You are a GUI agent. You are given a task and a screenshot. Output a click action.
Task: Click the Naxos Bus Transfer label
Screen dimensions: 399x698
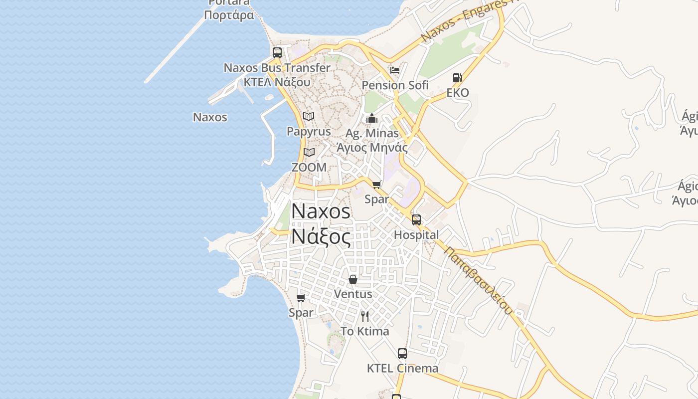coord(277,68)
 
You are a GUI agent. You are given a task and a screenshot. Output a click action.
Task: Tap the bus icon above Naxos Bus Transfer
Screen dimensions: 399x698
coord(277,52)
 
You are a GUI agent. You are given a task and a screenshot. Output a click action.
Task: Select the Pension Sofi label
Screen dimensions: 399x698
coord(395,85)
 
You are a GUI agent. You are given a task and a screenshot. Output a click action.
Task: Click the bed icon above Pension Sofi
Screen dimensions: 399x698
coord(395,70)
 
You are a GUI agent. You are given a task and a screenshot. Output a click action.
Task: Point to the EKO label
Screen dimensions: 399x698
coord(457,93)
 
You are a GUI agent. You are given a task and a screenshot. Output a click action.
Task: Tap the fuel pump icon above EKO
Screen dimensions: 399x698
coord(457,78)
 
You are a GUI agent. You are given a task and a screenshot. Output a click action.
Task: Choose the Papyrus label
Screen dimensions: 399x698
coord(309,132)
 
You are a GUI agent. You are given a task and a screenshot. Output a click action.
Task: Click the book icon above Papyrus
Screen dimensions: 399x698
coord(309,117)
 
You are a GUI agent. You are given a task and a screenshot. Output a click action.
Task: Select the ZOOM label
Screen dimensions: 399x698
coord(309,168)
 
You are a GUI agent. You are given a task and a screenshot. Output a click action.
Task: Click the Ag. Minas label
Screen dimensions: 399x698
coord(372,134)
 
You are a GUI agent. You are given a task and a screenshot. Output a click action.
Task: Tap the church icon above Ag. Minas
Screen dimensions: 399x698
coord(372,119)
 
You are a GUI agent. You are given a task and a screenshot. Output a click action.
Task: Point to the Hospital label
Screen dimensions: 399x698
coord(416,235)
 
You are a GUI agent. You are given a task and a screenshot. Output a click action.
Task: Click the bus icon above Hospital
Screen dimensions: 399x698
coord(416,220)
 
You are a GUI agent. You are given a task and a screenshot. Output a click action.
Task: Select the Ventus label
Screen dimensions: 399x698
coord(353,294)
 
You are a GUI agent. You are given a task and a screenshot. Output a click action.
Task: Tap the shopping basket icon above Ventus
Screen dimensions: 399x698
coord(353,279)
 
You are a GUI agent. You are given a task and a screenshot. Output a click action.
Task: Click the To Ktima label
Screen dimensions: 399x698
coord(365,332)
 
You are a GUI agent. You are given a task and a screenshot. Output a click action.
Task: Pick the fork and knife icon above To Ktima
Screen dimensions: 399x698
coord(365,316)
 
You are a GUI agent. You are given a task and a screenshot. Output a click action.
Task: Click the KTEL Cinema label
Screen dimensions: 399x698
coord(402,369)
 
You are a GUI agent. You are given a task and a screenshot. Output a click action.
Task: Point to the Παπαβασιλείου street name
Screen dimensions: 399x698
coord(478,281)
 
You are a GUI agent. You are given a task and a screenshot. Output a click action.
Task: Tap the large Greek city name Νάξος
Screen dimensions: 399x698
coord(321,237)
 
